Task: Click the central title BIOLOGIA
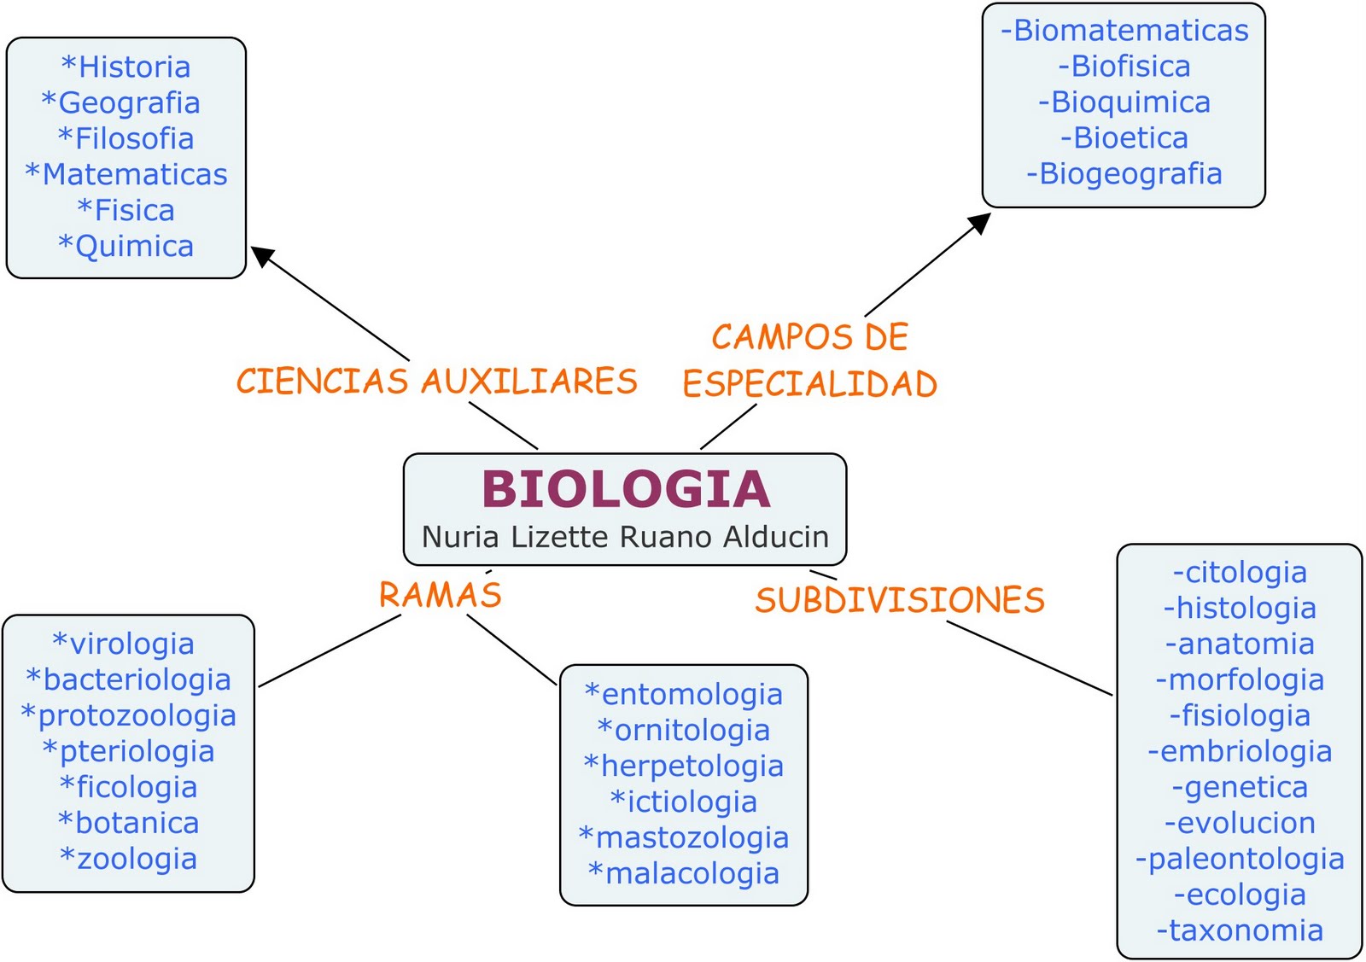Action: point(626,489)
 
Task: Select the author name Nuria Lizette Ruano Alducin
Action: point(625,537)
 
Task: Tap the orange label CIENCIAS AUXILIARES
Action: point(437,382)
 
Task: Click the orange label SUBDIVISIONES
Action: point(900,600)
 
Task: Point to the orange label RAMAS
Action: point(441,595)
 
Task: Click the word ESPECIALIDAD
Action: point(809,384)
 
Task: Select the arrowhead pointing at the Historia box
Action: point(261,255)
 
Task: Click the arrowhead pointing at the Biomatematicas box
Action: point(979,223)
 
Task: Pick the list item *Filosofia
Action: point(126,138)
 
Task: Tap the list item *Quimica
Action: point(126,246)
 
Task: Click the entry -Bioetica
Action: point(1124,137)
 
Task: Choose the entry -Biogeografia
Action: point(1124,173)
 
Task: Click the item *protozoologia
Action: point(129,715)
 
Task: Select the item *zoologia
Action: point(129,859)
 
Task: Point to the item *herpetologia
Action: point(684,766)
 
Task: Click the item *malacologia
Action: point(684,873)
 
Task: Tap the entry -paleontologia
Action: point(1240,859)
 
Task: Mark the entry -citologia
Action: point(1240,572)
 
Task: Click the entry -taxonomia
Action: point(1240,930)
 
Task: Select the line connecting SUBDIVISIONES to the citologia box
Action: point(1029,658)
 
